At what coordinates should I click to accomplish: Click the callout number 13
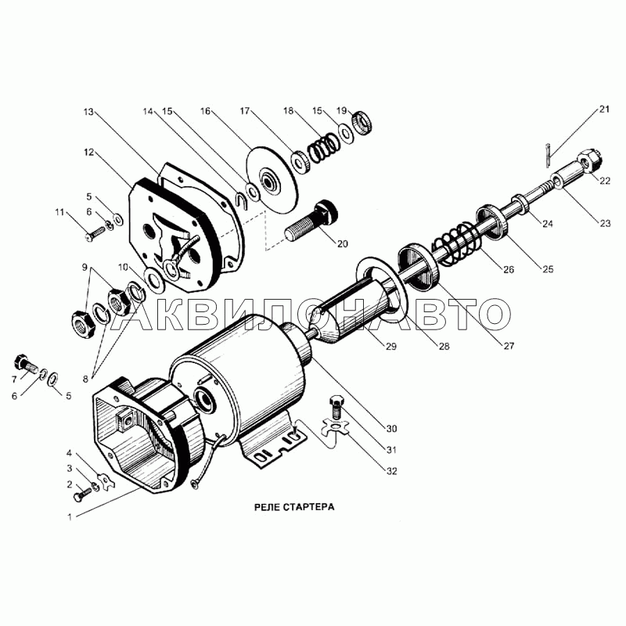click(x=88, y=112)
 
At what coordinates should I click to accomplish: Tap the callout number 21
click(x=604, y=109)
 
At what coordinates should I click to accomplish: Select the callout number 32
click(x=392, y=472)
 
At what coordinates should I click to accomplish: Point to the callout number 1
click(x=70, y=517)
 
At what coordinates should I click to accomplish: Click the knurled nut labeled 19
click(x=362, y=123)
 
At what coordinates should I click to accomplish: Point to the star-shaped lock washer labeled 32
click(x=336, y=428)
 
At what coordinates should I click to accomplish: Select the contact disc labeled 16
click(x=272, y=178)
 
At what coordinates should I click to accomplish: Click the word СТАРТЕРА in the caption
click(x=308, y=507)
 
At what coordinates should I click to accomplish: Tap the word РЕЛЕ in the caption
click(x=267, y=507)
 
